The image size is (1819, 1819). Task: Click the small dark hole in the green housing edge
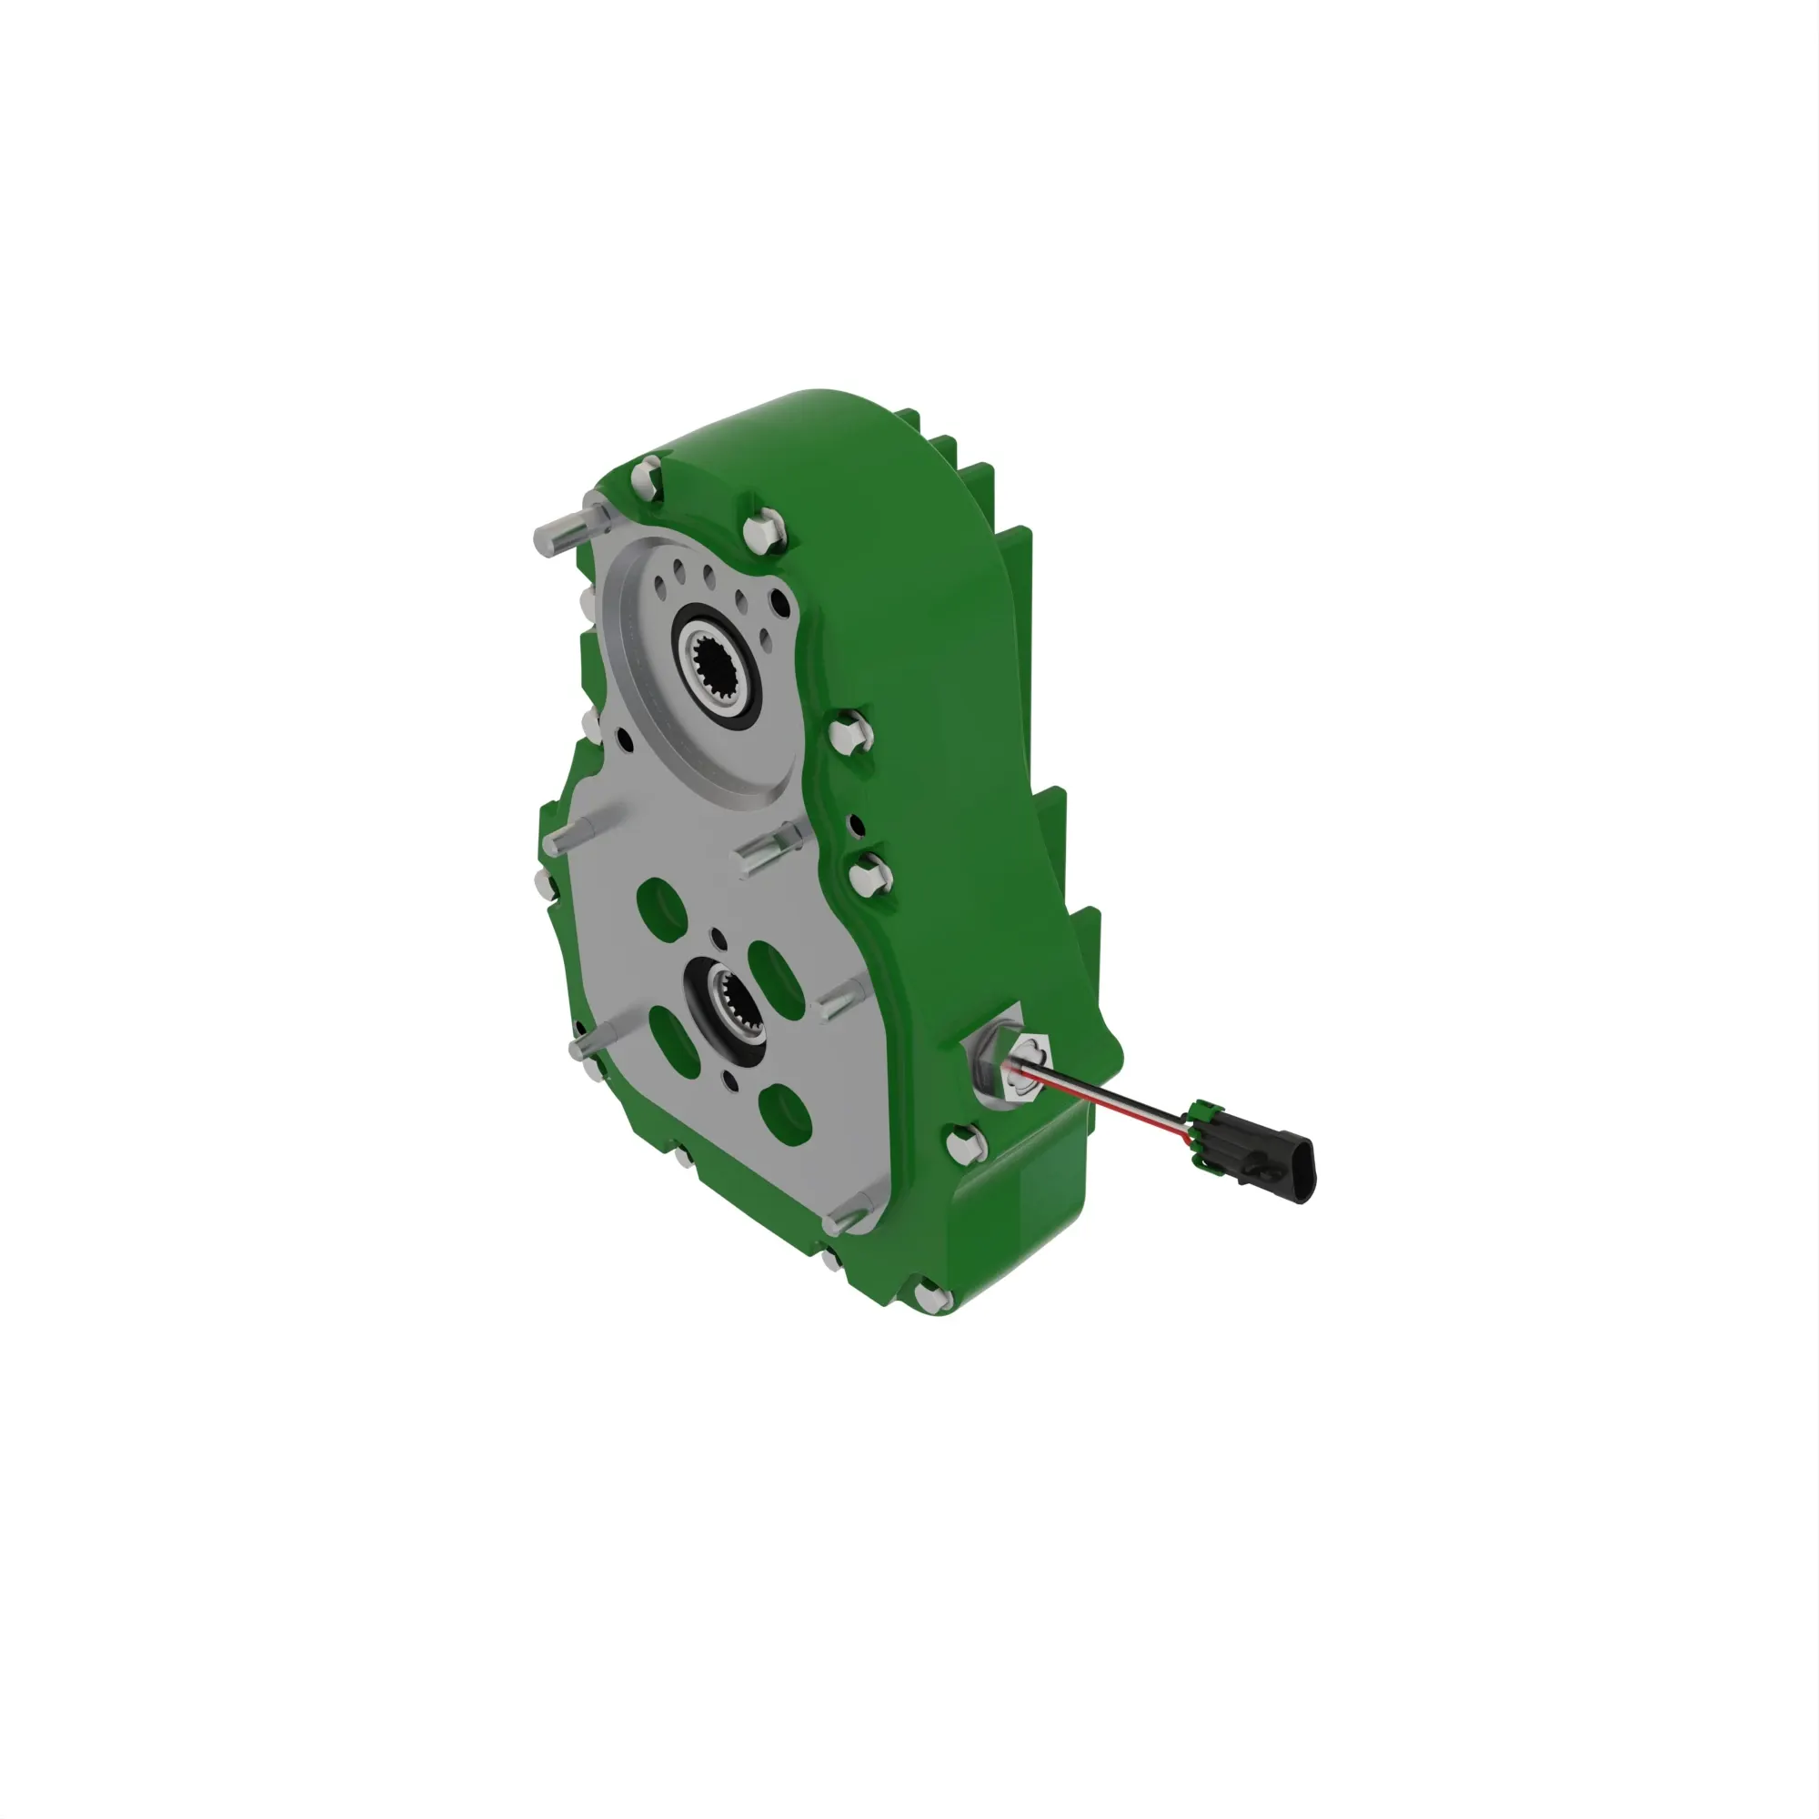[x=857, y=826]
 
